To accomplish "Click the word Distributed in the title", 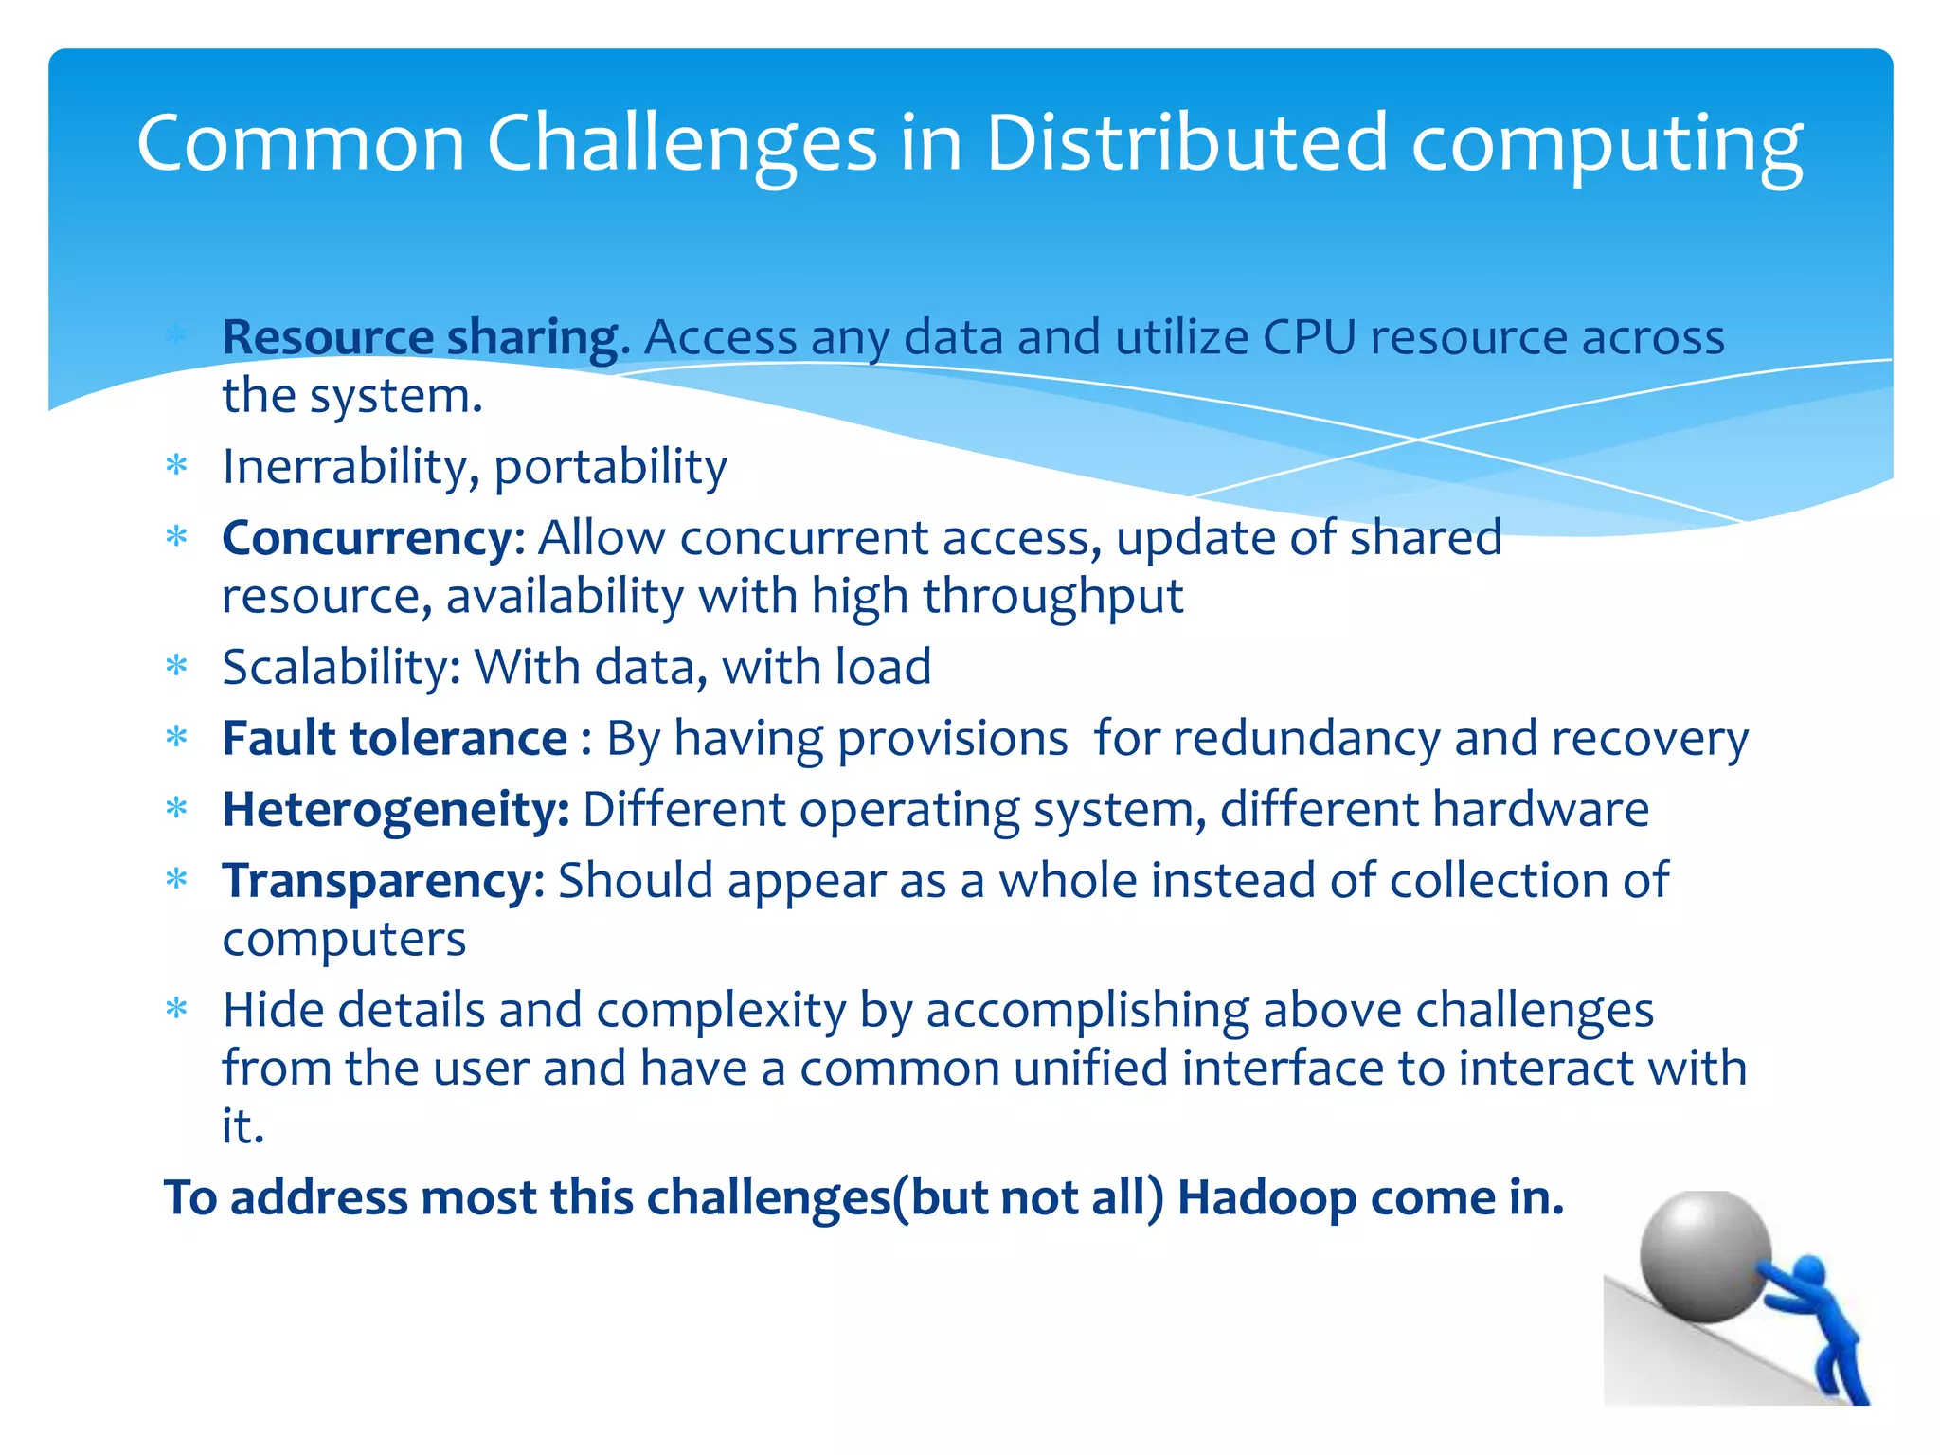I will (x=1186, y=144).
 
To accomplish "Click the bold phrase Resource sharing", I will (x=425, y=338).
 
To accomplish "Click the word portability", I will (x=610, y=467).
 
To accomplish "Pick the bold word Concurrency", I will (x=368, y=539).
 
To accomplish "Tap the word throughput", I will (x=1052, y=598).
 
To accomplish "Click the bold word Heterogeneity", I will (x=395, y=810).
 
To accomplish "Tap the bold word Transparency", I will (x=378, y=881).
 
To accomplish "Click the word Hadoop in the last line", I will (x=1266, y=1197).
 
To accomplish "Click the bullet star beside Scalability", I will (x=177, y=667).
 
